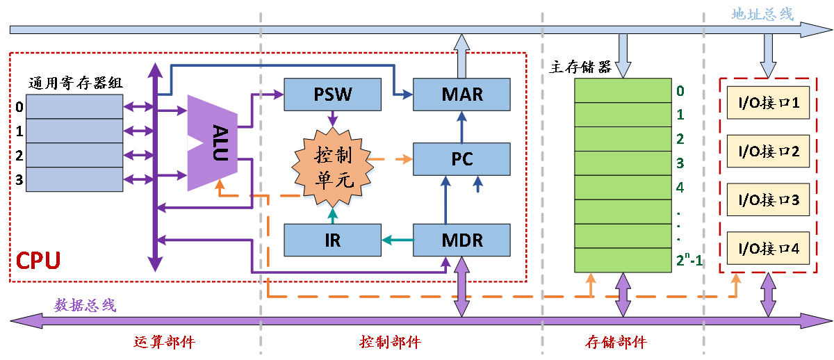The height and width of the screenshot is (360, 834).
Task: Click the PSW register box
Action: point(333,95)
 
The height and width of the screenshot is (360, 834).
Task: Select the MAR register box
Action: point(461,95)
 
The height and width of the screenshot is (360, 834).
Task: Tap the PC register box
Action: point(461,159)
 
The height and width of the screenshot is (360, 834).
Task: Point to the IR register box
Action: point(333,240)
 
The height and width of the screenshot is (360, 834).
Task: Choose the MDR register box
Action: point(461,240)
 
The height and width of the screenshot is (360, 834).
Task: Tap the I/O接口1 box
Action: point(768,104)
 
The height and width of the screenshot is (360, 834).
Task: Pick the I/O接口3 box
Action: point(768,200)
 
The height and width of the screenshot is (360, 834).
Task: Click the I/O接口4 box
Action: point(768,248)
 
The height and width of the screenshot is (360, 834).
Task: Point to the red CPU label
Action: point(38,261)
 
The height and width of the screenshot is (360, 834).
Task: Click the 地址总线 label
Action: point(762,14)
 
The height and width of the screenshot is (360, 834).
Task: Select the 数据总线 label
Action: point(85,305)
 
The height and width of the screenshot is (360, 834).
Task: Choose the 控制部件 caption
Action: point(390,343)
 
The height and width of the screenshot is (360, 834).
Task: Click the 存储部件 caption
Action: point(616,343)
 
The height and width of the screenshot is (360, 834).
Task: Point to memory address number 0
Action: point(680,91)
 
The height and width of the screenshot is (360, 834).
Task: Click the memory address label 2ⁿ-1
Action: point(688,261)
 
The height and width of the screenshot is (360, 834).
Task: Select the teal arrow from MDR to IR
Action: point(397,240)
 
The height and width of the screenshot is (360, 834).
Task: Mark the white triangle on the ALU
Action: point(194,143)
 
